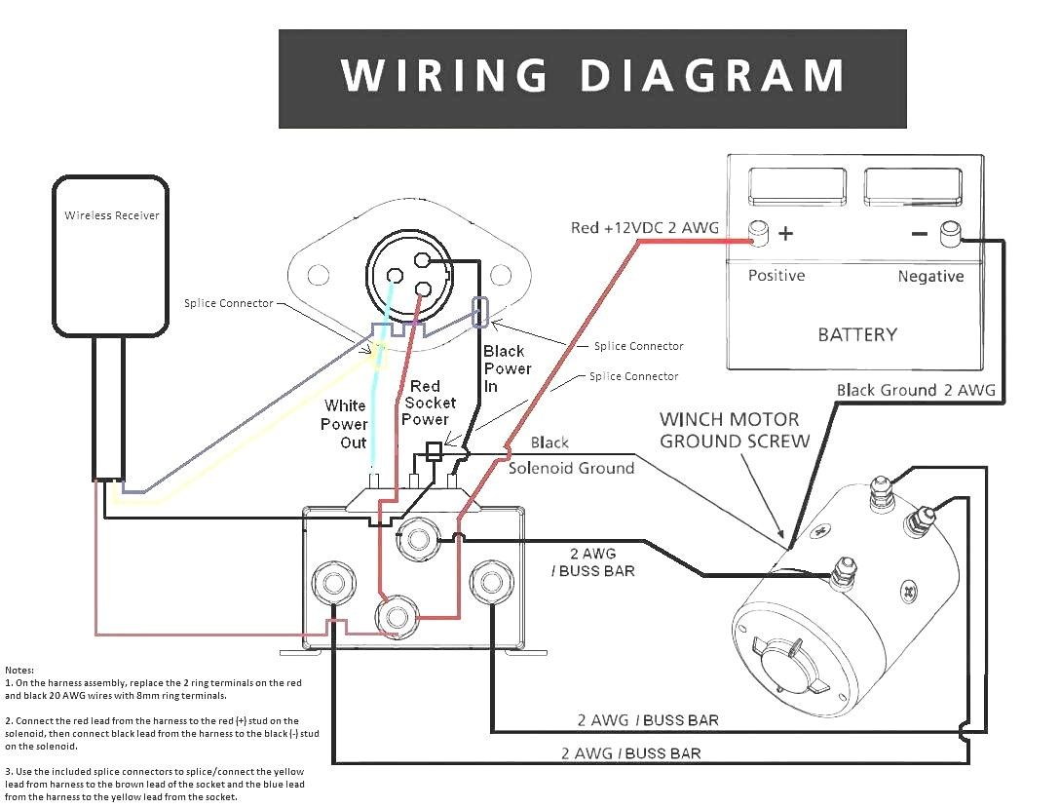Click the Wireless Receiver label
click(x=112, y=215)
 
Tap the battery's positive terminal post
click(x=758, y=234)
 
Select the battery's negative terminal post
click(x=949, y=234)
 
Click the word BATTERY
click(x=857, y=334)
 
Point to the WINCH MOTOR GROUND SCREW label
click(x=735, y=430)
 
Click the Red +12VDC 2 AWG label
click(x=644, y=228)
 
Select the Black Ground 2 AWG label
click(x=916, y=390)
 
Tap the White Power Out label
click(x=345, y=424)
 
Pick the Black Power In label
click(x=508, y=367)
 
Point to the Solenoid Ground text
click(x=571, y=468)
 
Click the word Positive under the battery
click(x=776, y=276)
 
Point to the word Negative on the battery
click(x=930, y=277)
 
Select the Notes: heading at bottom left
click(x=19, y=671)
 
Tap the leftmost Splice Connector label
click(x=229, y=303)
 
